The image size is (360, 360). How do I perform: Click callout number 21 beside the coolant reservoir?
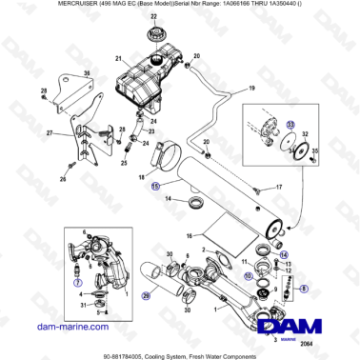(x=117, y=59)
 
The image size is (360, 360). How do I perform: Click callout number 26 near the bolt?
(x=63, y=179)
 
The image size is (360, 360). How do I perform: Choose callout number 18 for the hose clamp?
(x=142, y=177)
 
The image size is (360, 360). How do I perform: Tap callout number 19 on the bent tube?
(x=252, y=89)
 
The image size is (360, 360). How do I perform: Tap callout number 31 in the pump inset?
(x=84, y=306)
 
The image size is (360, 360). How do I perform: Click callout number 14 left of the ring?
(x=166, y=199)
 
